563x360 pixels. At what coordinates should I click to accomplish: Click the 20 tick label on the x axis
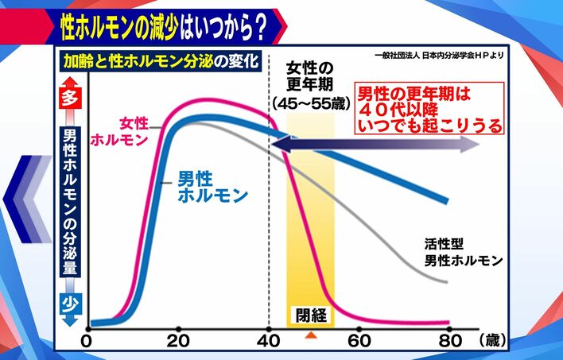point(177,341)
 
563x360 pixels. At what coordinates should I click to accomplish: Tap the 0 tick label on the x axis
point(87,341)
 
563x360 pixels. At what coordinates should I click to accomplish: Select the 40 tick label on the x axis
point(270,341)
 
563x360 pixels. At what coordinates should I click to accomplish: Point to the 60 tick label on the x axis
point(360,341)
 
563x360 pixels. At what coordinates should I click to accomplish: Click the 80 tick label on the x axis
point(451,341)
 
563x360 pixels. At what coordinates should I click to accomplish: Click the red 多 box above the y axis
point(68,99)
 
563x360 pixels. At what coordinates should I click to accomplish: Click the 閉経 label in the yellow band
point(311,313)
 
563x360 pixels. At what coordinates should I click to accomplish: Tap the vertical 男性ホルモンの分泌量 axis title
point(68,203)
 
